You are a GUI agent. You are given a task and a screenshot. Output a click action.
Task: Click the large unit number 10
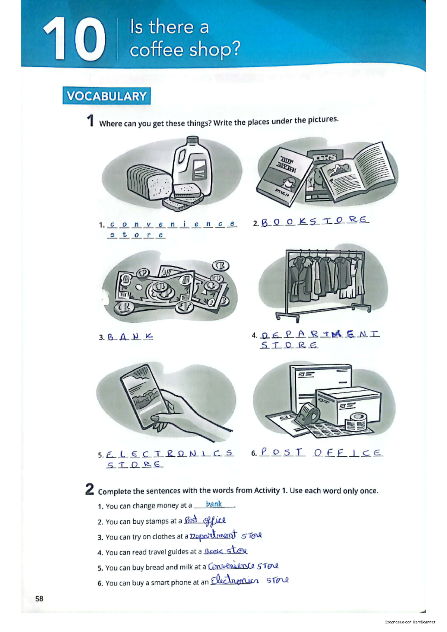click(74, 39)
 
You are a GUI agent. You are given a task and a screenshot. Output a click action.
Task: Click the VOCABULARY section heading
click(107, 96)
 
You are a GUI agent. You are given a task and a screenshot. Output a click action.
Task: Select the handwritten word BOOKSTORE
click(315, 221)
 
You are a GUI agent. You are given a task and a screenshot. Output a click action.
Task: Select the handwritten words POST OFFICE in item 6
click(321, 453)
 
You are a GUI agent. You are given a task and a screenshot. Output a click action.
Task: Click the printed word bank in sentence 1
click(214, 504)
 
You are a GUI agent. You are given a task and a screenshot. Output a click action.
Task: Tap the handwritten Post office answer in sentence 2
click(205, 520)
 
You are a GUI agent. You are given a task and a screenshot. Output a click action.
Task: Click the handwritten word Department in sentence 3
click(213, 535)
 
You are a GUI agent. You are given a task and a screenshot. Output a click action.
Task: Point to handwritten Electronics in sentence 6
click(234, 581)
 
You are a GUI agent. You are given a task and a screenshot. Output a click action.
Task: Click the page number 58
click(39, 599)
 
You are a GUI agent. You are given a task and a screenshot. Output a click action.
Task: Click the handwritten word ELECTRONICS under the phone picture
click(170, 454)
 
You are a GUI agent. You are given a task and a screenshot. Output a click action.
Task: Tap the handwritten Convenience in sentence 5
click(231, 566)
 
